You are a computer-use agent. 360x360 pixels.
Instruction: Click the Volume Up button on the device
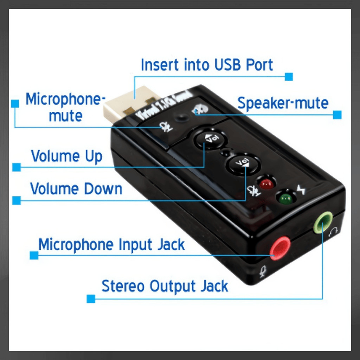(210, 140)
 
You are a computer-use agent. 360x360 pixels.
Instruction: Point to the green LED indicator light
(285, 199)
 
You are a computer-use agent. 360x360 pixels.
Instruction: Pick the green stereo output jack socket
(323, 222)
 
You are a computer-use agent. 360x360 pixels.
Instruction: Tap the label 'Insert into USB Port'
(207, 65)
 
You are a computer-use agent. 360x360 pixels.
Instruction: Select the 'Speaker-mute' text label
(283, 103)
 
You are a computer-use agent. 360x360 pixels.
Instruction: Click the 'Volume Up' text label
(66, 156)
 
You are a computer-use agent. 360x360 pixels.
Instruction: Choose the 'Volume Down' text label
(76, 189)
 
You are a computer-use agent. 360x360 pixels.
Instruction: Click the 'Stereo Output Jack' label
(165, 287)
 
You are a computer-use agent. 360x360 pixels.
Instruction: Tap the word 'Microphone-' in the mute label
(65, 99)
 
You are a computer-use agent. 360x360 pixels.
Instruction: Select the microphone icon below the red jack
(263, 271)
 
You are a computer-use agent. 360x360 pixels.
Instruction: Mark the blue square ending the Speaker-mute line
(337, 115)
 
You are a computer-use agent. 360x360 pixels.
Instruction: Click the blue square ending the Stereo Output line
(91, 299)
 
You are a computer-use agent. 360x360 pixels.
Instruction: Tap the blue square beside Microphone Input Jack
(34, 255)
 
